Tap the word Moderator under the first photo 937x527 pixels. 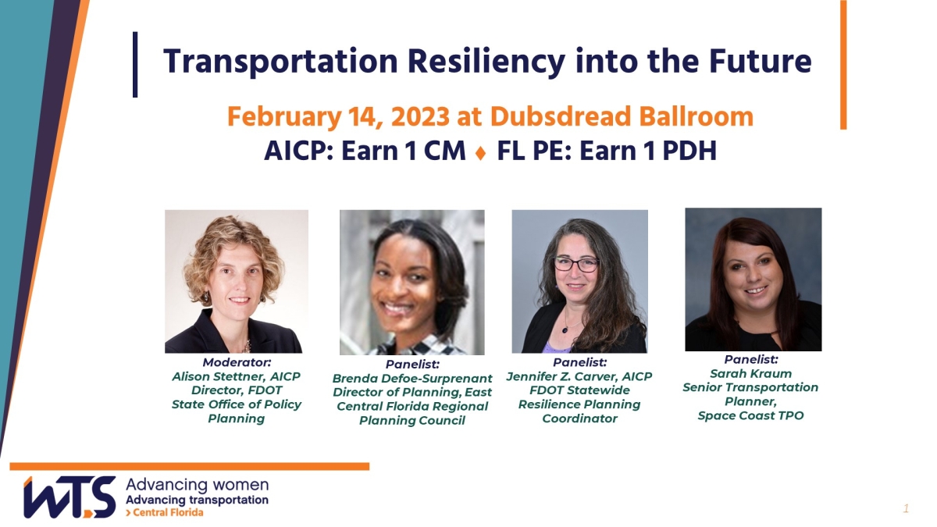[x=237, y=362]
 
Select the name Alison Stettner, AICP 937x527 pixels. [x=237, y=376]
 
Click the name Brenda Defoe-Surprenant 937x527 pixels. [x=412, y=379]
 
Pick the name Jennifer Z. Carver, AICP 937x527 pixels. [x=579, y=376]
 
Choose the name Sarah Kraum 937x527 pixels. [x=750, y=373]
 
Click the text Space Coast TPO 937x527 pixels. [x=750, y=415]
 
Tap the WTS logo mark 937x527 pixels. [x=69, y=497]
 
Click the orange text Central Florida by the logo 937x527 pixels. [x=168, y=512]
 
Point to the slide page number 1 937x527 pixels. [x=906, y=509]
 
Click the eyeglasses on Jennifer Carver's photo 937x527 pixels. [x=576, y=265]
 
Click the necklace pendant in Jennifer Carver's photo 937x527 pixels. [x=565, y=329]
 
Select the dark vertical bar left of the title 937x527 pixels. [x=135, y=64]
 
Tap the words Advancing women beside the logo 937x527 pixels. [x=197, y=485]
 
